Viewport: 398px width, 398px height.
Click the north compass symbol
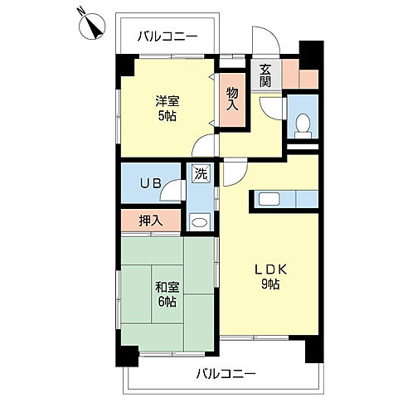click(92, 26)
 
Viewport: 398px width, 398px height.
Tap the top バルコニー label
click(167, 36)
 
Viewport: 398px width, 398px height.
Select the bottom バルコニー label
click(226, 374)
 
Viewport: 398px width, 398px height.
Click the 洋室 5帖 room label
click(167, 108)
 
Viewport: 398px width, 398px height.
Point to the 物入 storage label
click(232, 99)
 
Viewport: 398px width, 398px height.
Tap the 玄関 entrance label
click(265, 75)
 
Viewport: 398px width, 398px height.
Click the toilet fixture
click(303, 126)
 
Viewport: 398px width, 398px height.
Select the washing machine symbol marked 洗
click(201, 173)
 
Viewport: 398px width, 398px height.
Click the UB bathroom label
click(151, 183)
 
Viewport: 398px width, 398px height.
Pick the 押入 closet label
click(151, 221)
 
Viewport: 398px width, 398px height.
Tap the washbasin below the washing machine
click(200, 222)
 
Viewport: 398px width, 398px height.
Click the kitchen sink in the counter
click(269, 199)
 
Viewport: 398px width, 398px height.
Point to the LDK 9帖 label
click(270, 277)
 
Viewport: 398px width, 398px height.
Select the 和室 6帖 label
click(167, 294)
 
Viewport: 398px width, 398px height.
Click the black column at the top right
click(312, 55)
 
